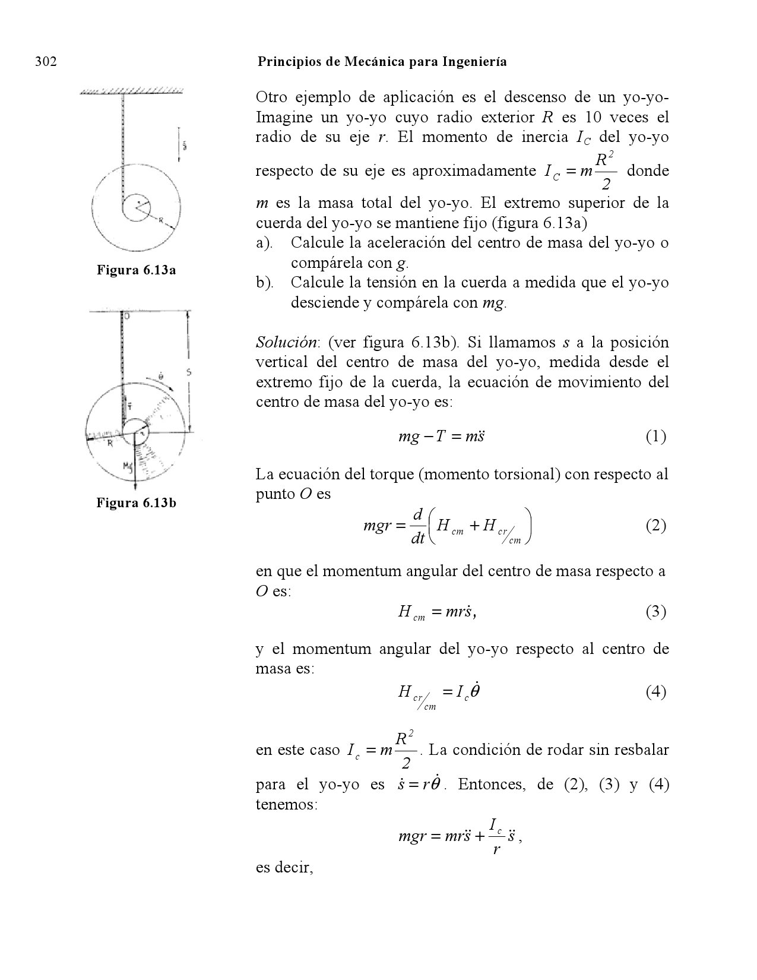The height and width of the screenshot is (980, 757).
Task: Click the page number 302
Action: tap(46, 62)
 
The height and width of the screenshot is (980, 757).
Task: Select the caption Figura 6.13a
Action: tap(137, 271)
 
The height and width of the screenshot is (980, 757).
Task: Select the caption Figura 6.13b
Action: tap(137, 504)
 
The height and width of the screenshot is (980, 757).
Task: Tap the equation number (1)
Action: tap(655, 437)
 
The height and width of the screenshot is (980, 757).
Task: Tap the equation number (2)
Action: tap(655, 526)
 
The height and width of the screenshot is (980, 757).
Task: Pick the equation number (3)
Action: tap(655, 612)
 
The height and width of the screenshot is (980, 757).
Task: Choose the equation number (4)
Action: tap(655, 692)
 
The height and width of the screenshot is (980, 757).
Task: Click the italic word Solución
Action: tap(287, 343)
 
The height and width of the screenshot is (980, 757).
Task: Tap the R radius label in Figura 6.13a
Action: tap(161, 220)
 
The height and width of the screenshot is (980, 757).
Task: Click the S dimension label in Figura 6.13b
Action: tap(188, 373)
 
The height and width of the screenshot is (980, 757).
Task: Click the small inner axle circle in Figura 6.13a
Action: tap(138, 206)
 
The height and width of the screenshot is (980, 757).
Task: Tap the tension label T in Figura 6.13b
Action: tap(129, 406)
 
